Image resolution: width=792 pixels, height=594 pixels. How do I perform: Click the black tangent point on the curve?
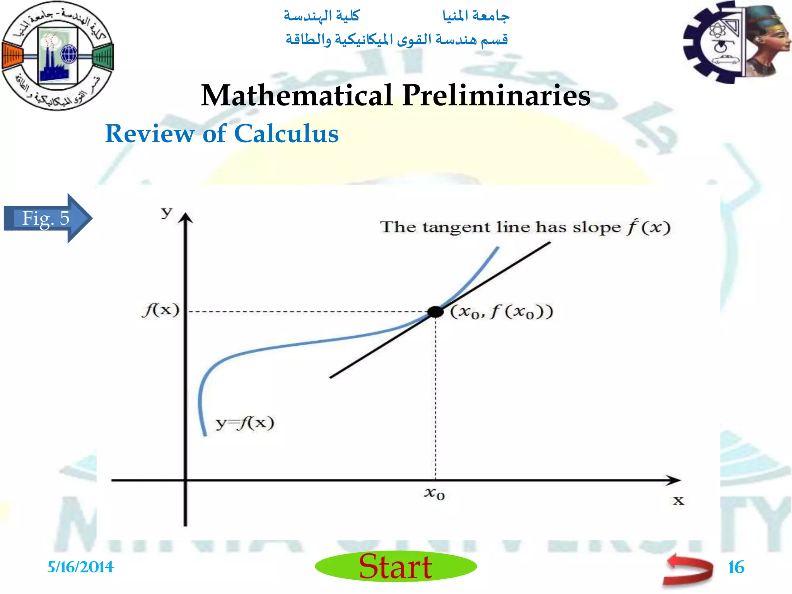[x=435, y=312]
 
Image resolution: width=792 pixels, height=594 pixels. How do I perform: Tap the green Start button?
[x=396, y=567]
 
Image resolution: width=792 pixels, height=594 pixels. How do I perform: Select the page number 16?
[x=736, y=567]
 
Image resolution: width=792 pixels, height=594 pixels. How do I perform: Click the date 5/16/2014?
[x=80, y=567]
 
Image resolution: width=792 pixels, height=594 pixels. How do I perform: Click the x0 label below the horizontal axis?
[x=435, y=493]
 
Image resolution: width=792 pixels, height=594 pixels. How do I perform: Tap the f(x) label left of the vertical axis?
[x=161, y=310]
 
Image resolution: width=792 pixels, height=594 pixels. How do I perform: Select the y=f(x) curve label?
[x=245, y=423]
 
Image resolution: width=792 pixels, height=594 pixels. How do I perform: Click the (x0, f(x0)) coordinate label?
[x=502, y=312]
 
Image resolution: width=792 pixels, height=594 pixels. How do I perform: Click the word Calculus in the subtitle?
[x=286, y=134]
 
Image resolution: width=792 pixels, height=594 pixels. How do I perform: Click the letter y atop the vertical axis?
[x=167, y=212]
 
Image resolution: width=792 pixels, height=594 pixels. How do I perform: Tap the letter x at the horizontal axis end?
[x=678, y=501]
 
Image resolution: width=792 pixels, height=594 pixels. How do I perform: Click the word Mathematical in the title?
[x=297, y=95]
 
